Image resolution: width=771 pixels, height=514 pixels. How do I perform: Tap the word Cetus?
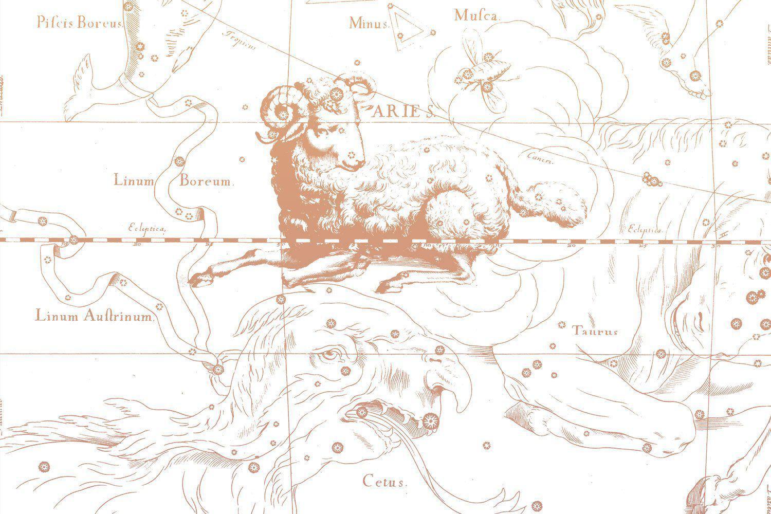385,482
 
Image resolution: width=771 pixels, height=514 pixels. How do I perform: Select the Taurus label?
595,332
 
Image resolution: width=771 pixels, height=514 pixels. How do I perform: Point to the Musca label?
476,16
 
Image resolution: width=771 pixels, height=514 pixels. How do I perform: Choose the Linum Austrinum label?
95,316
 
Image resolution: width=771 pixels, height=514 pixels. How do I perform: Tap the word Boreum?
206,181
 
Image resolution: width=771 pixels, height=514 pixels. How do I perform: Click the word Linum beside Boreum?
134,181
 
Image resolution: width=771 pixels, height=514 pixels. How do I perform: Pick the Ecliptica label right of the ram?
643,229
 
